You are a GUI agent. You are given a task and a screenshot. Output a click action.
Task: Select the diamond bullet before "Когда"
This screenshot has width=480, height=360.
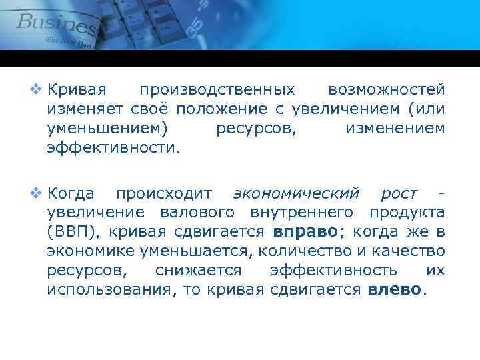point(35,193)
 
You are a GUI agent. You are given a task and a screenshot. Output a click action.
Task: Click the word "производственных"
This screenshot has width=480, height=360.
point(217,89)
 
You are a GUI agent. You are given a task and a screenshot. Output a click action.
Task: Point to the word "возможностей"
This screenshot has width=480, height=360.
point(387,89)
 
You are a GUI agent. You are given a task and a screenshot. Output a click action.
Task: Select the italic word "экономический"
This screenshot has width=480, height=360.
point(296,194)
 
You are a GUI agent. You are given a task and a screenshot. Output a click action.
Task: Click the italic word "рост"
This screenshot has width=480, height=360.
point(399,194)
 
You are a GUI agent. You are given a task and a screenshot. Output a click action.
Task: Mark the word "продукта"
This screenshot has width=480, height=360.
point(409,213)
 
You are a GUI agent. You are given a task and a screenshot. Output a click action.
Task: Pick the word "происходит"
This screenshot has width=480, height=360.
point(164,194)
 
